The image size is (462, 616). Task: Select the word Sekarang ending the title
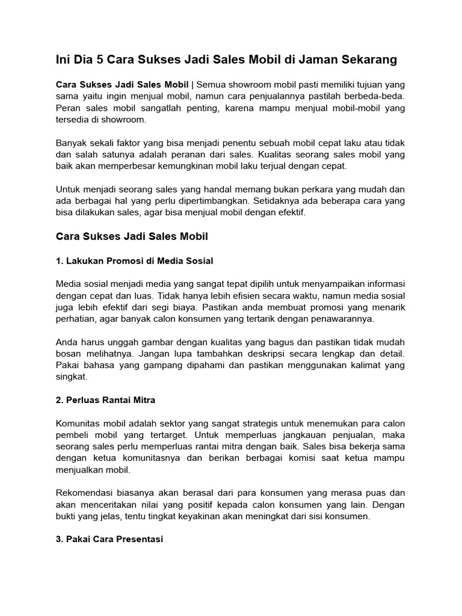[x=368, y=60]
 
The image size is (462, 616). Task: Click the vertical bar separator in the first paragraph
[x=192, y=85]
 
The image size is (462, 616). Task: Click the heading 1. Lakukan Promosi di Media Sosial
[x=134, y=260]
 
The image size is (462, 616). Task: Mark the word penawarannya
[x=342, y=318]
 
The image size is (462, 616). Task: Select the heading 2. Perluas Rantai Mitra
[x=105, y=399]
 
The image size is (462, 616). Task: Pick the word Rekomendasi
[x=86, y=491]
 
